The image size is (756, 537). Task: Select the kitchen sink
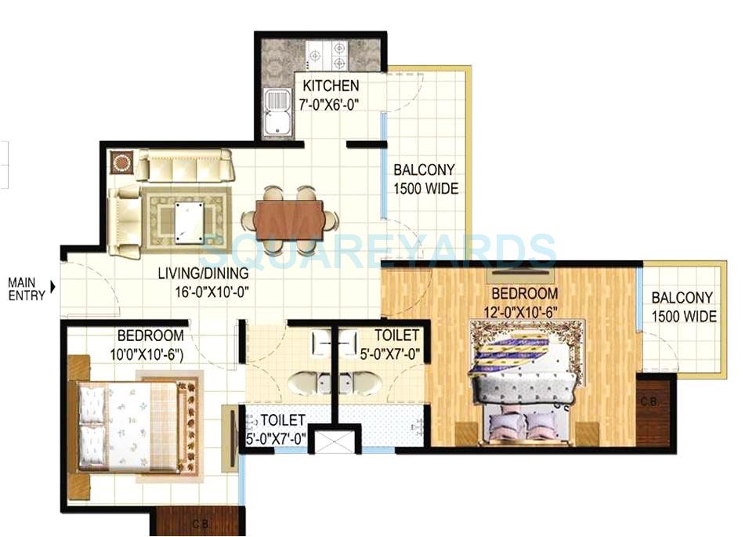[276, 113]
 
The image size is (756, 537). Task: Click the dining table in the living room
[288, 220]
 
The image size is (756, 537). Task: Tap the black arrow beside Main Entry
[53, 288]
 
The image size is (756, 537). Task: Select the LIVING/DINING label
[204, 274]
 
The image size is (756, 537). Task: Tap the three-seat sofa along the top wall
[186, 165]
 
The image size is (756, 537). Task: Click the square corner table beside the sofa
[121, 163]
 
